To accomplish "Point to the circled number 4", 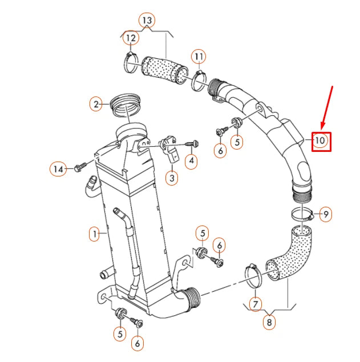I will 192,162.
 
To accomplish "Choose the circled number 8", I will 269,321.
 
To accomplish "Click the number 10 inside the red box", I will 321,140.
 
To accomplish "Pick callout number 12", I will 131,38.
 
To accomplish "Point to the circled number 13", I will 147,21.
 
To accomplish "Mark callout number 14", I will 57,168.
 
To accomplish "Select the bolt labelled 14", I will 78,168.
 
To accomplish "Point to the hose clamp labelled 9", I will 302,215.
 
